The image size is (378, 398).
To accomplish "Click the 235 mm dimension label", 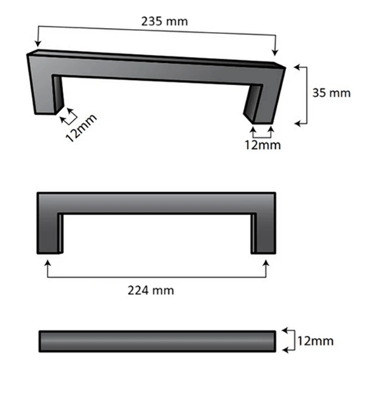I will click(165, 21).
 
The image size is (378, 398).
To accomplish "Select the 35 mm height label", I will click(330, 93).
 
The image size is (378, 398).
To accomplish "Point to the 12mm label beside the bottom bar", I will click(315, 341).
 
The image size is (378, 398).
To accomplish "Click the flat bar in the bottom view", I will click(156, 341).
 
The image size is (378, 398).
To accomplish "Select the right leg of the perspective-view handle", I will click(262, 104).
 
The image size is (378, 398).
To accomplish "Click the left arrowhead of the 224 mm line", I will click(48, 262).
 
